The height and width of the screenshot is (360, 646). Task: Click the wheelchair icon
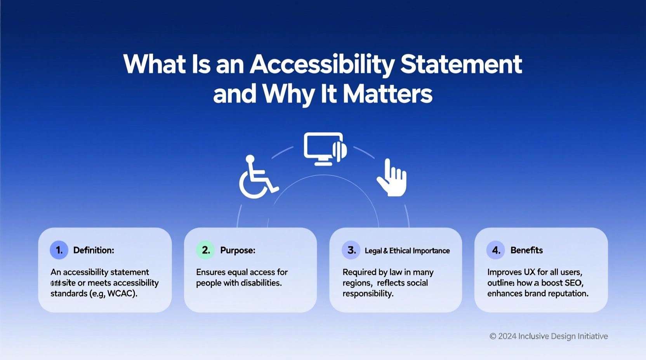[257, 178]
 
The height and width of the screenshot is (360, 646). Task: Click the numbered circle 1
[59, 250]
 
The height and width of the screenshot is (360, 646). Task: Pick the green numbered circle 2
[205, 250]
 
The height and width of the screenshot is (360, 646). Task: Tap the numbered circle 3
[351, 250]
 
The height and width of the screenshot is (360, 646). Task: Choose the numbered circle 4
[496, 250]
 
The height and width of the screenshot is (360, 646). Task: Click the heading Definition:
[94, 250]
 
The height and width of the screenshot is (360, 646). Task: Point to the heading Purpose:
[238, 250]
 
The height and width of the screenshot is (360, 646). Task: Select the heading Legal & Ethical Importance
[407, 251]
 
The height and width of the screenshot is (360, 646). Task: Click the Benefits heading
[526, 250]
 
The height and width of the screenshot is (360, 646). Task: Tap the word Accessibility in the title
[322, 64]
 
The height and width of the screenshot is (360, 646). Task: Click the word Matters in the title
[387, 94]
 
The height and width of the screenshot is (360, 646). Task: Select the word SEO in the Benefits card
[573, 283]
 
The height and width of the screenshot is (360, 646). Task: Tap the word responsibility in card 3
[368, 294]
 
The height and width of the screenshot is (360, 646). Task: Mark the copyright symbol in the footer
[493, 336]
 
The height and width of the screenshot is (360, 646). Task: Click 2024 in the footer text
[507, 336]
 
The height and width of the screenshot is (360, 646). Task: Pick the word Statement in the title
[461, 64]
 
